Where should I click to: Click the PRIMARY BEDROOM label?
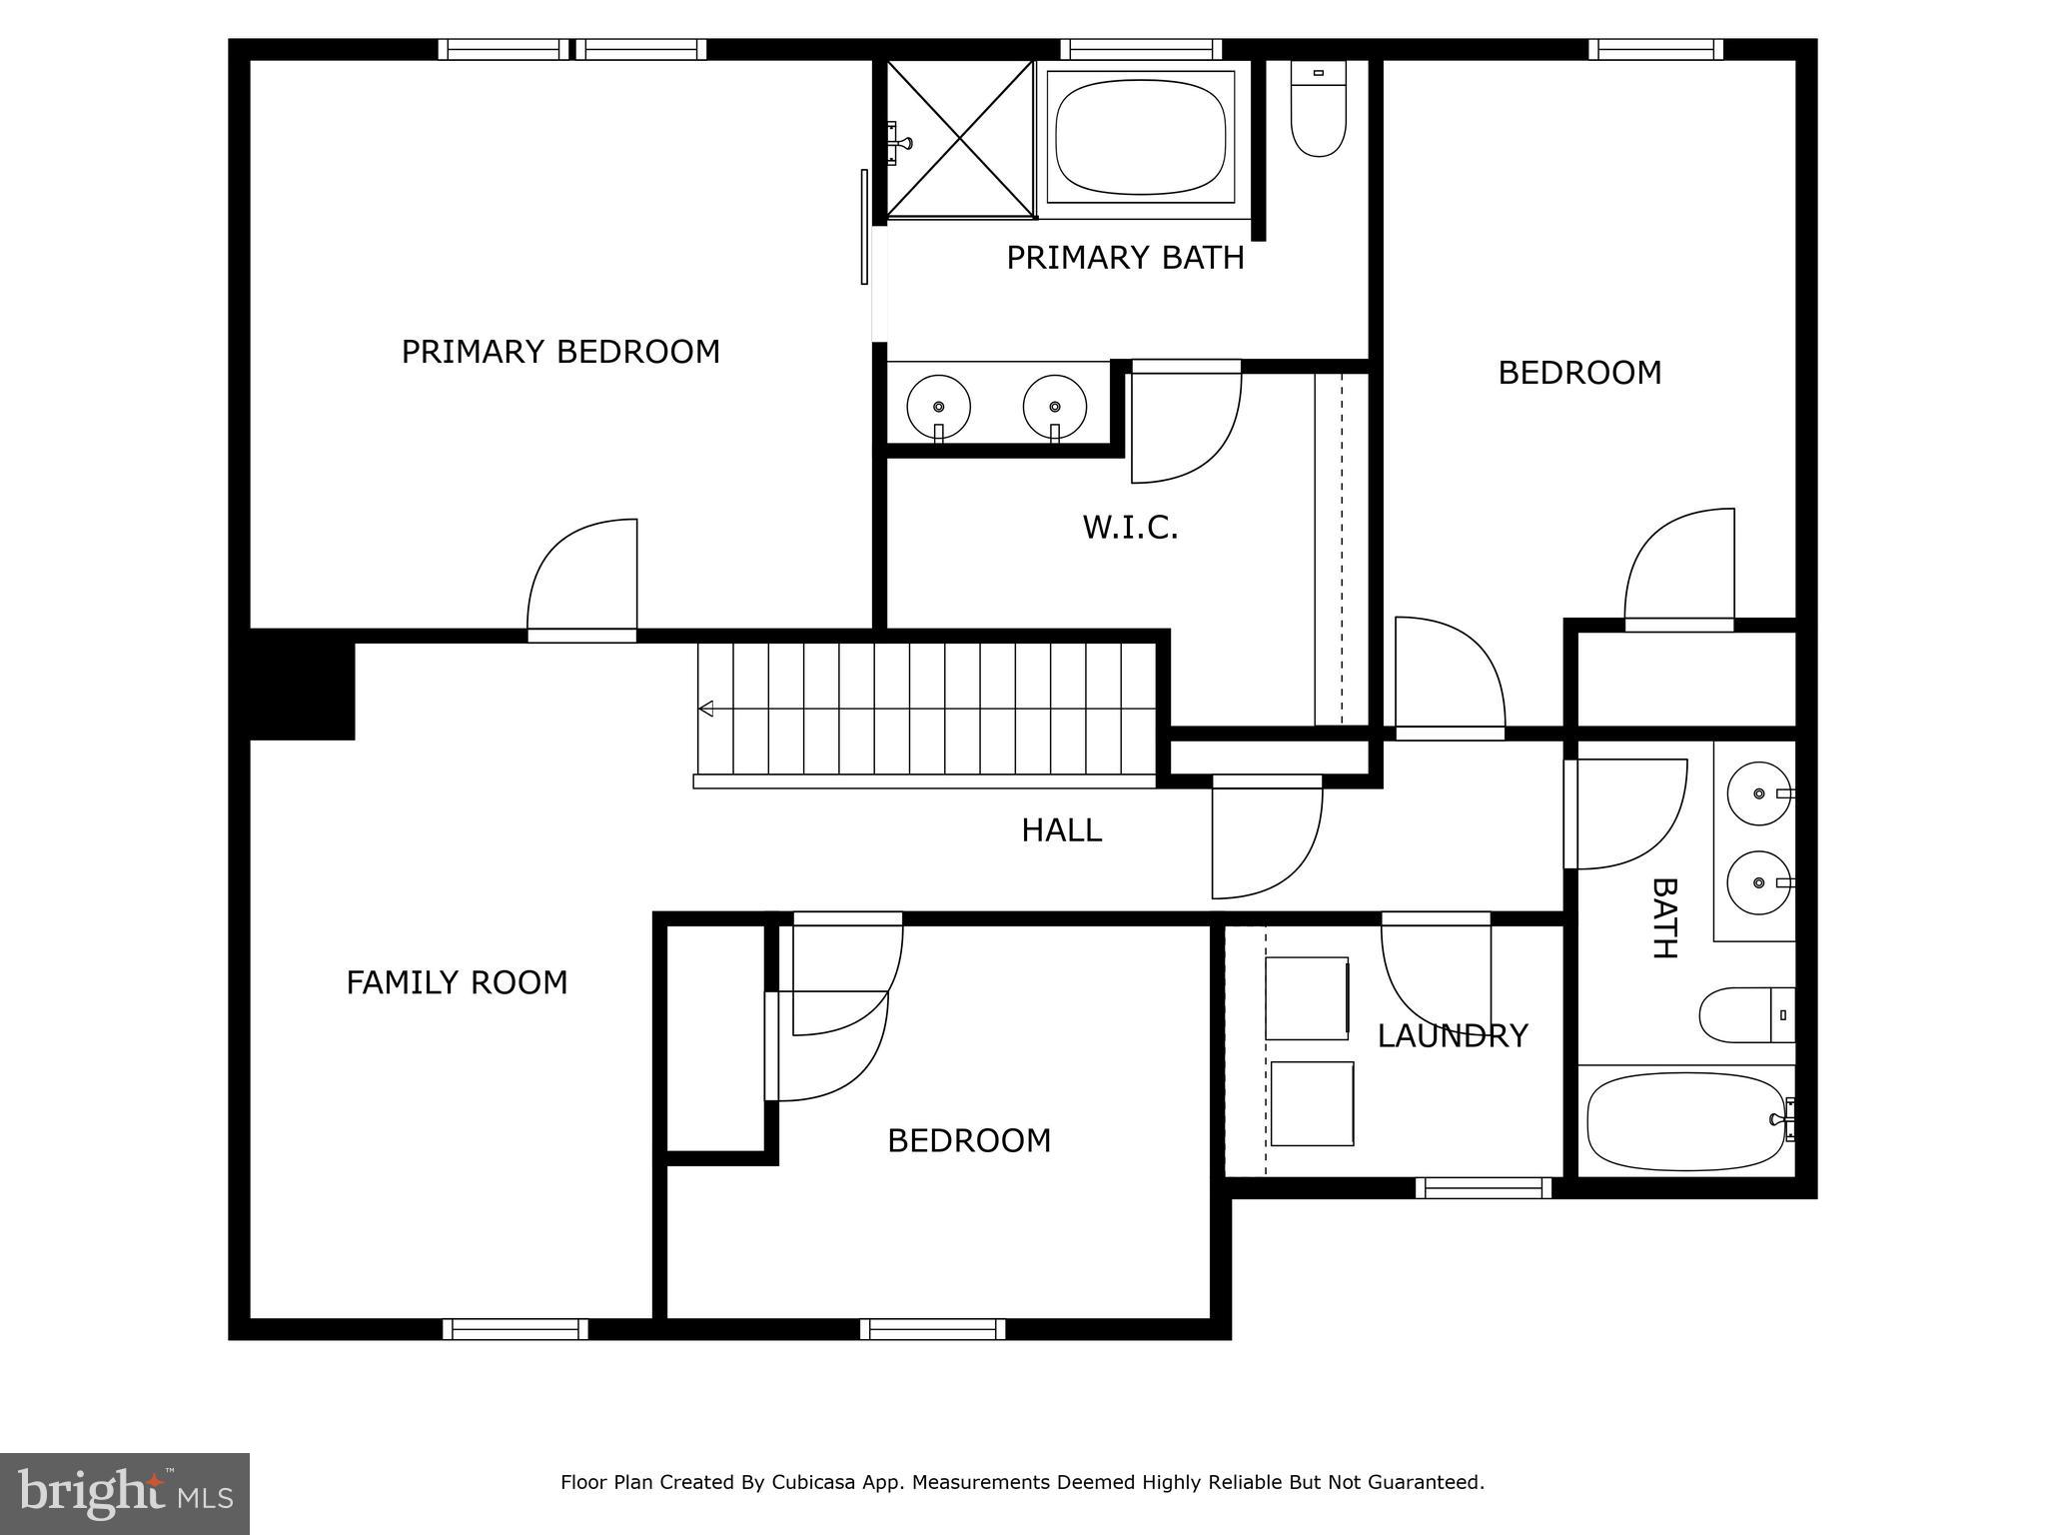[x=560, y=352]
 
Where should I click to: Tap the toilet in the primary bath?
[x=1318, y=110]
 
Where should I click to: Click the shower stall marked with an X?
[x=960, y=139]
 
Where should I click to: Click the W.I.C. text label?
[x=1130, y=528]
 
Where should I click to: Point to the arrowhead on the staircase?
[x=706, y=709]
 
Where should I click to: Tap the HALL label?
[x=1061, y=830]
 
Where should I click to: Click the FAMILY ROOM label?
[x=457, y=982]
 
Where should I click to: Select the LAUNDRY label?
[x=1452, y=1035]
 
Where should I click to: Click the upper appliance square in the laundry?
[x=1307, y=998]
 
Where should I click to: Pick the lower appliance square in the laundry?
[x=1312, y=1103]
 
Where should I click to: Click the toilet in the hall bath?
[x=1743, y=1014]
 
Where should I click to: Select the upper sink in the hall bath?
[x=1758, y=793]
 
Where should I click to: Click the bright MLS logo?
[x=125, y=1493]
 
